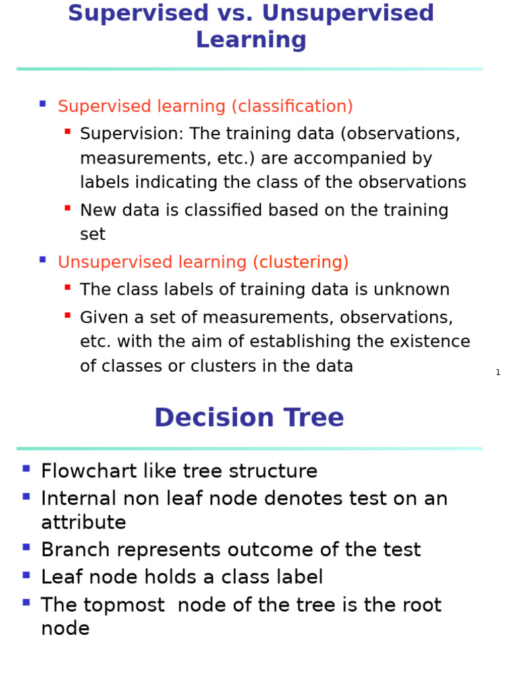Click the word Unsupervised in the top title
coord(348,13)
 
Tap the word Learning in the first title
coord(251,40)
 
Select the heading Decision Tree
coord(249,417)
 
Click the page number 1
coord(498,372)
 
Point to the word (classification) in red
coord(292,106)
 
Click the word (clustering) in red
coord(300,262)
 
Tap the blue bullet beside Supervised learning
coord(43,103)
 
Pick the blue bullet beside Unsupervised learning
coord(43,260)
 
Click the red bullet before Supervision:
coord(68,131)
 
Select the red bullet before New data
coord(68,208)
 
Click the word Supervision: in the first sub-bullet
coord(132,134)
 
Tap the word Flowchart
coord(89,471)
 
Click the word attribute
coord(84,523)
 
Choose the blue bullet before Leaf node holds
coord(26,575)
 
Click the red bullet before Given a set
coord(68,316)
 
